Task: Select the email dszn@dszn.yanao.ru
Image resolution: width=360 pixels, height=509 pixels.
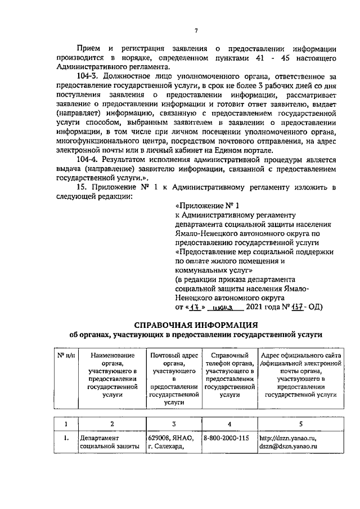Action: (289, 447)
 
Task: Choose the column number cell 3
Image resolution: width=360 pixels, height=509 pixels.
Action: (174, 423)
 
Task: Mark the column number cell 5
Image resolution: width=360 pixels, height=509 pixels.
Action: (300, 423)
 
